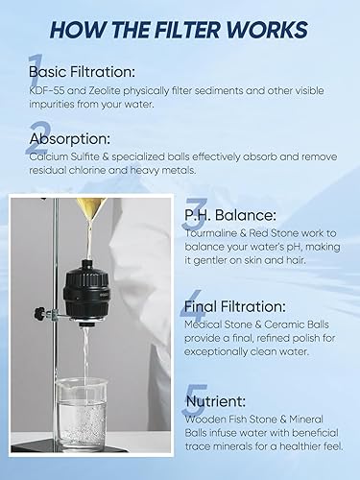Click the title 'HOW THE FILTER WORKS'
180,29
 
